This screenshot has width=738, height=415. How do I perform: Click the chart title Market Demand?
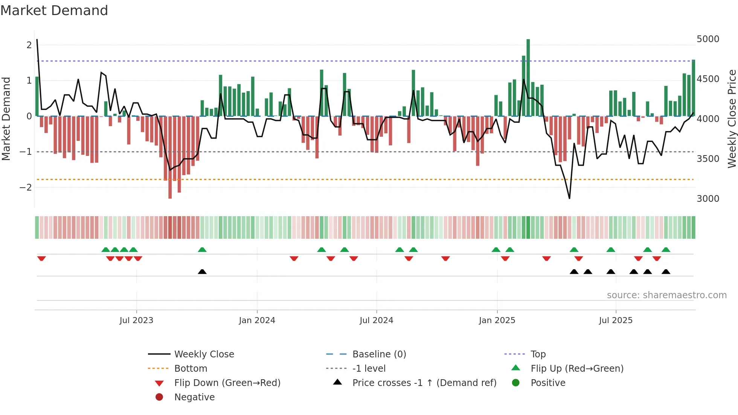[x=54, y=11]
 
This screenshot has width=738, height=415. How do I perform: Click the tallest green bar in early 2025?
[x=528, y=77]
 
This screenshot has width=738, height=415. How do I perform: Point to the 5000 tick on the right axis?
[x=708, y=39]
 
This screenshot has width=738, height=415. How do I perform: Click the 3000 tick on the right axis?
[x=708, y=199]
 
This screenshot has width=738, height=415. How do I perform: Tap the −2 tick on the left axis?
[x=26, y=187]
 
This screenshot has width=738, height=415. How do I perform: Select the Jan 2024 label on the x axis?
[x=257, y=320]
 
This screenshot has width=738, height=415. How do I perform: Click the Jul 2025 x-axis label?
[x=616, y=320]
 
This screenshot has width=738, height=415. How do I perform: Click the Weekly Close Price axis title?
[x=732, y=119]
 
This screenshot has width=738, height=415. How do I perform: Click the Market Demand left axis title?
[x=6, y=119]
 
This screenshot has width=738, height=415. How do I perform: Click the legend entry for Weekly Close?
[x=204, y=354]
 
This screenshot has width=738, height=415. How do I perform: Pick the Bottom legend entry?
[x=191, y=369]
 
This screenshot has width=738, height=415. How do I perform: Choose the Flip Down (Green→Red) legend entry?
[x=227, y=383]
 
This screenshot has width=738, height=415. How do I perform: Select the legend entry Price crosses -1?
[x=424, y=383]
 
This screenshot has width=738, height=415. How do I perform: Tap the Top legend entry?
[x=538, y=354]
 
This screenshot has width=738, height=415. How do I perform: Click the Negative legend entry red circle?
[x=159, y=397]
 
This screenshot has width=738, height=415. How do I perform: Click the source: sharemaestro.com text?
[x=666, y=295]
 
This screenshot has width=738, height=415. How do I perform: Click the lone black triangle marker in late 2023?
[x=202, y=272]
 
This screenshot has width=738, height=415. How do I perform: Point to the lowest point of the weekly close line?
[x=569, y=198]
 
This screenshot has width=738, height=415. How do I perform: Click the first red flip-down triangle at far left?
[x=41, y=258]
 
